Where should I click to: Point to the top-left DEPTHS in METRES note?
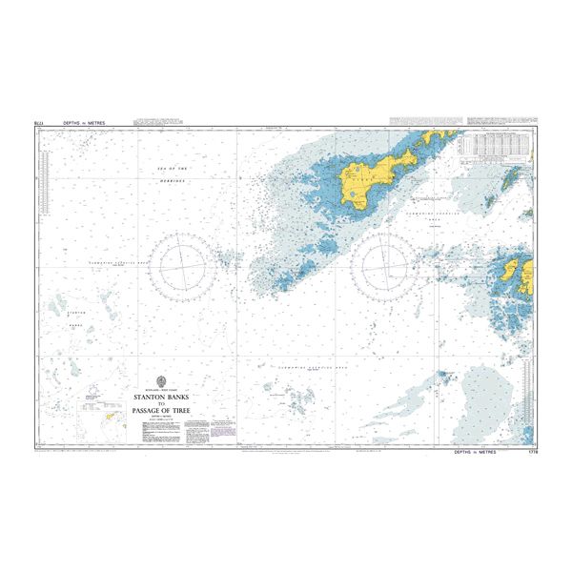click(84, 123)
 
